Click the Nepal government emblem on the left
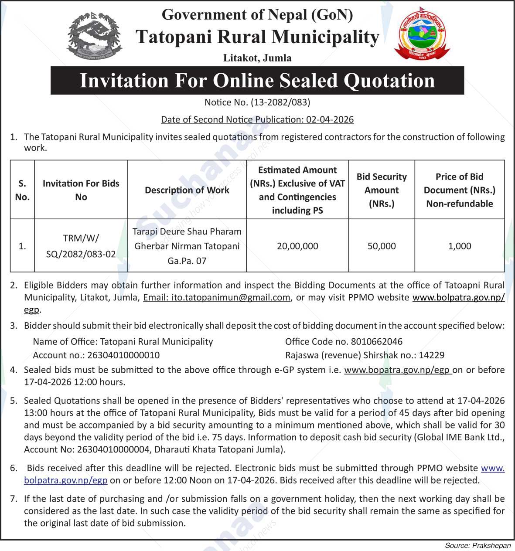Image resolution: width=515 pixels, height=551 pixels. click(x=94, y=36)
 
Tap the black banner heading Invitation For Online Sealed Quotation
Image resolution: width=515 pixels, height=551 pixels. click(x=257, y=81)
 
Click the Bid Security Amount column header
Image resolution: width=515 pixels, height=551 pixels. click(x=382, y=190)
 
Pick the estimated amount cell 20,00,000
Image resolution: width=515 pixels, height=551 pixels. click(x=297, y=246)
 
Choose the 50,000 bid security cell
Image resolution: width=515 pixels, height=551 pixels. click(x=382, y=246)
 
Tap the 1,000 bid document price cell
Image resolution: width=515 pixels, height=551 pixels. click(x=460, y=246)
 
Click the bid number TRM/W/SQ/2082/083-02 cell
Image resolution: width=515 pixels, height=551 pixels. click(x=81, y=246)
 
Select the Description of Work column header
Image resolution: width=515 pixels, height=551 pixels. click(x=187, y=190)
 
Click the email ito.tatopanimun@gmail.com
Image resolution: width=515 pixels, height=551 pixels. click(x=217, y=298)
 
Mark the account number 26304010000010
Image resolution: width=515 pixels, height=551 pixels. click(x=123, y=355)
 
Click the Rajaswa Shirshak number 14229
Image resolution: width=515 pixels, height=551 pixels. click(x=432, y=355)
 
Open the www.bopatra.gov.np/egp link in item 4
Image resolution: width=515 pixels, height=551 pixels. click(x=397, y=370)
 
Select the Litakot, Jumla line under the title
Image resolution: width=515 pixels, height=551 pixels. click(x=257, y=58)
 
